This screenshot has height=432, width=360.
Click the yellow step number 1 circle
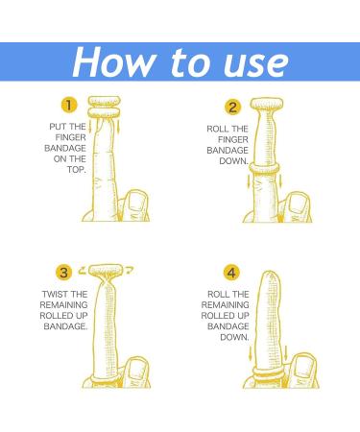[69, 105]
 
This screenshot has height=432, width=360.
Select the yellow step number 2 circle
[232, 108]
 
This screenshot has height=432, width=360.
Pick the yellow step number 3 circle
[64, 273]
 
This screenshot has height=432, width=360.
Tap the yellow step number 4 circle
[231, 273]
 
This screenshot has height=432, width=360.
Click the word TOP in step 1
[76, 170]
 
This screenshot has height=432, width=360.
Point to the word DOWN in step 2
[233, 161]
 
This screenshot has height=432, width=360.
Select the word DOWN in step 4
[234, 337]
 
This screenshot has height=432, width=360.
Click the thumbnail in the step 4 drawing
[302, 367]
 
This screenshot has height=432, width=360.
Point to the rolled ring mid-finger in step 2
[264, 167]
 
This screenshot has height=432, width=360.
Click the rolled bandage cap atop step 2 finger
[267, 104]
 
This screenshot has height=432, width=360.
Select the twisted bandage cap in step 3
[106, 271]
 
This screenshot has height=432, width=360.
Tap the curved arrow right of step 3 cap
[130, 270]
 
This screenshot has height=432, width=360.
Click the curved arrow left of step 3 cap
[83, 271]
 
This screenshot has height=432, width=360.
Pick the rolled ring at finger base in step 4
[268, 372]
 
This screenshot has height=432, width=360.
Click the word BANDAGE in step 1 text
[65, 149]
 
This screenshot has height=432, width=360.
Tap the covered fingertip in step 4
[271, 278]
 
